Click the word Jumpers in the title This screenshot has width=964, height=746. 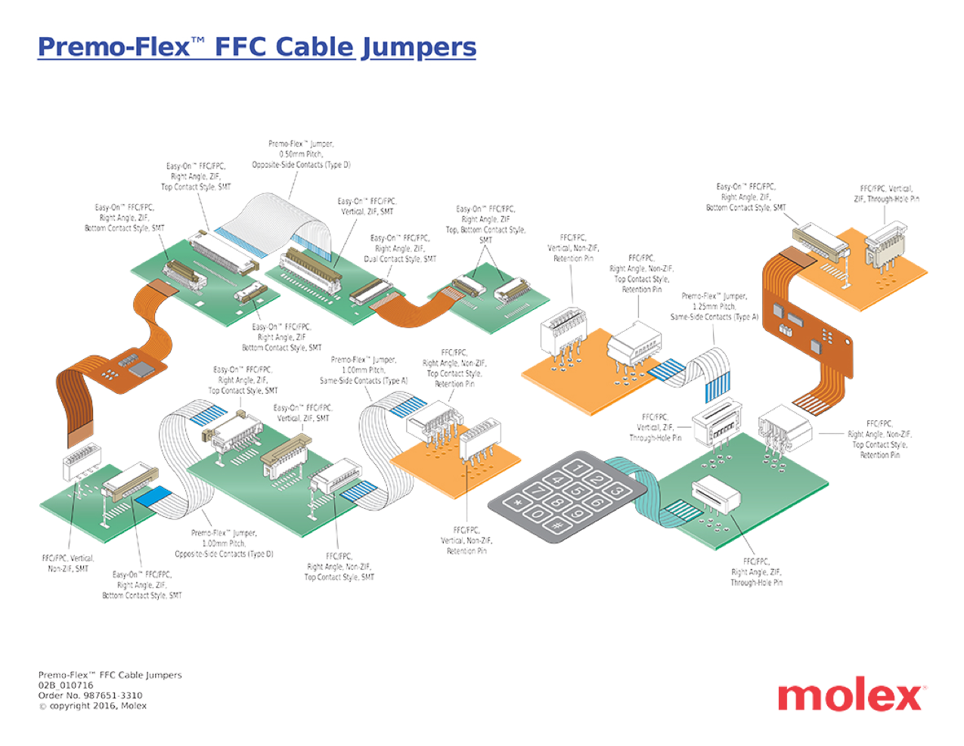coord(418,47)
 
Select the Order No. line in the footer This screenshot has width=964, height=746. coord(90,695)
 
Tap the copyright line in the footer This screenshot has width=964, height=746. coord(92,706)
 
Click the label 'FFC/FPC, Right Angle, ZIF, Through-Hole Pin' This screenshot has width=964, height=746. coord(756,572)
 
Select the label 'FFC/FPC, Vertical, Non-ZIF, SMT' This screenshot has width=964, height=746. coord(67,563)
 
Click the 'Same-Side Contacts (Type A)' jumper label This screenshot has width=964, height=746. coord(714,307)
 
